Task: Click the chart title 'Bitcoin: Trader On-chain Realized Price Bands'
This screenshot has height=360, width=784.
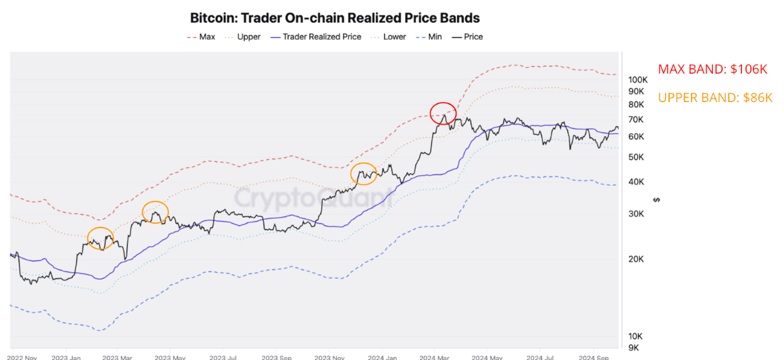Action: point(335,17)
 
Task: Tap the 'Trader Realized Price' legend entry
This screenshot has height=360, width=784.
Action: point(321,37)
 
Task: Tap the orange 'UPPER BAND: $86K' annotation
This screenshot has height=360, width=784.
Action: point(715,98)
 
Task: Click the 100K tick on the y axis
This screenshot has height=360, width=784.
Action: point(638,79)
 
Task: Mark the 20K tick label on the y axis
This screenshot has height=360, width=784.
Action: point(637,259)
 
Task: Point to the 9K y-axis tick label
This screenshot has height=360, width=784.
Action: point(634,348)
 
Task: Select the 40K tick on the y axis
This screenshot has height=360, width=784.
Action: point(637,182)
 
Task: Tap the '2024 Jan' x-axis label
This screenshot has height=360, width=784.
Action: point(381,356)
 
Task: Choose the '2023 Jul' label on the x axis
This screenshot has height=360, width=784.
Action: point(224,356)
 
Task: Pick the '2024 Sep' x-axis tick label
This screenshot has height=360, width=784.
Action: point(593,356)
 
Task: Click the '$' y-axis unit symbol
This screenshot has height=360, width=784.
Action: point(657,200)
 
